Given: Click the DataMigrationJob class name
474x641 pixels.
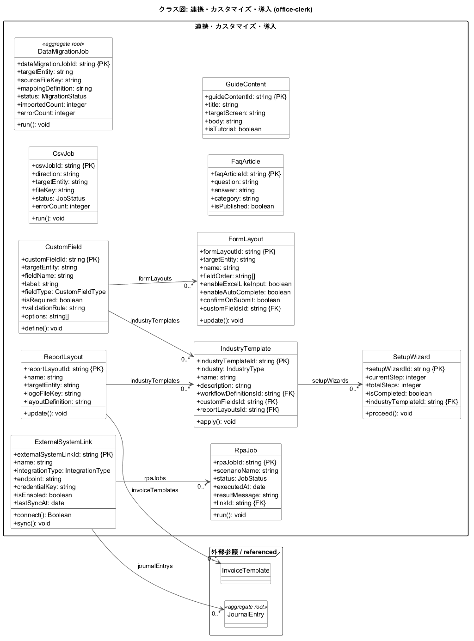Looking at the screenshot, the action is [x=63, y=51].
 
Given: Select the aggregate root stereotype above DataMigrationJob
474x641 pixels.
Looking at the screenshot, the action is [x=63, y=44].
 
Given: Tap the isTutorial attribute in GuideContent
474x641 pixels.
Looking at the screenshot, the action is [x=233, y=129].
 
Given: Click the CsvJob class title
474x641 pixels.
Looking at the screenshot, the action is [x=63, y=153].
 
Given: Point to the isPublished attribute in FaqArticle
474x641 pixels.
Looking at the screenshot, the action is [x=242, y=206].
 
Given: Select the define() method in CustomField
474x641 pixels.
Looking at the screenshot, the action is [x=42, y=328].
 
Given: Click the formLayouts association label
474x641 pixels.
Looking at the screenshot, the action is [x=155, y=278].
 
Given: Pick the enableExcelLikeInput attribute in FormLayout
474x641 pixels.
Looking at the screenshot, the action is [x=246, y=284].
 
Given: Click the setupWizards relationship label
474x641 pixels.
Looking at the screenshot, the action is [x=330, y=381].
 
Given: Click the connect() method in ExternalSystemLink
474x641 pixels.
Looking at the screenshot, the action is [x=43, y=515].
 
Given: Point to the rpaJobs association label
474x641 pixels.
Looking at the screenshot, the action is [x=155, y=478].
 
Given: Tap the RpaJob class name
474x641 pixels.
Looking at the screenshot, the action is [x=246, y=450].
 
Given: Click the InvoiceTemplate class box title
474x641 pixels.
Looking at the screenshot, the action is [x=246, y=570].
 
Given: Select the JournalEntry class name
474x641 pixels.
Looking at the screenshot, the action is [x=246, y=614].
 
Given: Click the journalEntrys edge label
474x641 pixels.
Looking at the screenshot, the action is [x=155, y=566].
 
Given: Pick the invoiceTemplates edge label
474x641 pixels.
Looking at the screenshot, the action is [x=155, y=490].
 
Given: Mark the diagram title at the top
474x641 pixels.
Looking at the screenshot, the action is [x=235, y=9].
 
